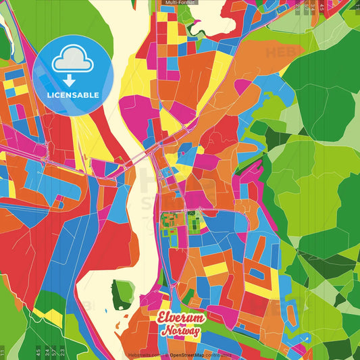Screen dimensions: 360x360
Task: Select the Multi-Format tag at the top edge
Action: pos(179,3)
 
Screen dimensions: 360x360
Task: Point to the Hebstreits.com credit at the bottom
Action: pos(143,354)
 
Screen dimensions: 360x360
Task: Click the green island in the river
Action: pos(122,293)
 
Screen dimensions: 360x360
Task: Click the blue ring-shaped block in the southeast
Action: pos(257,274)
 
